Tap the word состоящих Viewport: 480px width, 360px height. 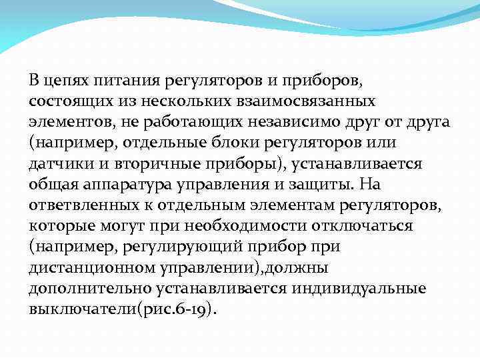[63, 102]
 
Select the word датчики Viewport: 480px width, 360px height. [55, 163]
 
